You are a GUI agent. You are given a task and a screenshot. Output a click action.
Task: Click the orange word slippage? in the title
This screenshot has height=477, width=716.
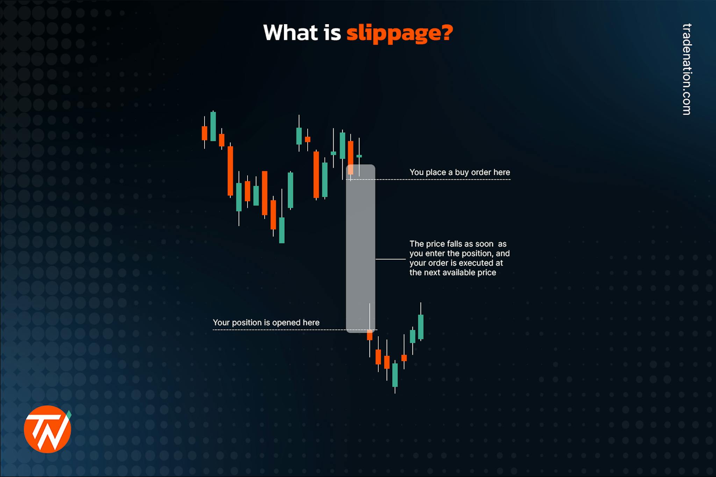click(x=399, y=33)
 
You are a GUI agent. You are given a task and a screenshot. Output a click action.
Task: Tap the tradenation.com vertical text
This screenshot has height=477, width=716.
click(x=687, y=69)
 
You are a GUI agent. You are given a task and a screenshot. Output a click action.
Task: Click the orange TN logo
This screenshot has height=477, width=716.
click(x=47, y=429)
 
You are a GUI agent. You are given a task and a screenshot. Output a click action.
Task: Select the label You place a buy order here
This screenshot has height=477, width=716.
click(x=459, y=172)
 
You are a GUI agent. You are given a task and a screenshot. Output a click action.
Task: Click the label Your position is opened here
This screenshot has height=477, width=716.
click(x=266, y=323)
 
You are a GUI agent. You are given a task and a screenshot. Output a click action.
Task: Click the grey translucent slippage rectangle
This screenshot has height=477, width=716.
click(x=360, y=248)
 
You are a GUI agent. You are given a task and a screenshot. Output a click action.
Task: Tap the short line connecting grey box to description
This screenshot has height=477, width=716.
click(x=390, y=259)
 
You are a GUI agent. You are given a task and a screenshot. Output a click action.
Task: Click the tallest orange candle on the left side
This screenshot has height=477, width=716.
click(x=230, y=171)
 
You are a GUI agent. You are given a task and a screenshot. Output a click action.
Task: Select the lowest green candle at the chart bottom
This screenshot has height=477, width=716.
click(x=395, y=375)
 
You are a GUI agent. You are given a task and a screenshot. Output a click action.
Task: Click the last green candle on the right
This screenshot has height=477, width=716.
click(x=421, y=327)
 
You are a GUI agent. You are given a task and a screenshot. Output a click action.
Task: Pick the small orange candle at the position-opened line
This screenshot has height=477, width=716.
click(x=370, y=335)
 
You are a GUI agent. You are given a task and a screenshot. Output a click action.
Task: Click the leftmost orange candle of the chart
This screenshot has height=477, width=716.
click(x=205, y=133)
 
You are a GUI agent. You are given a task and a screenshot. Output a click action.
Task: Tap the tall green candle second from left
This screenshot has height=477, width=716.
click(x=213, y=126)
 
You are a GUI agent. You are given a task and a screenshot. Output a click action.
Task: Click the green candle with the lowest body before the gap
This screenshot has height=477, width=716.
click(x=282, y=230)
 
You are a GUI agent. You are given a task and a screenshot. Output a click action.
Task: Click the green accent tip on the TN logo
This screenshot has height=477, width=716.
click(x=69, y=414)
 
